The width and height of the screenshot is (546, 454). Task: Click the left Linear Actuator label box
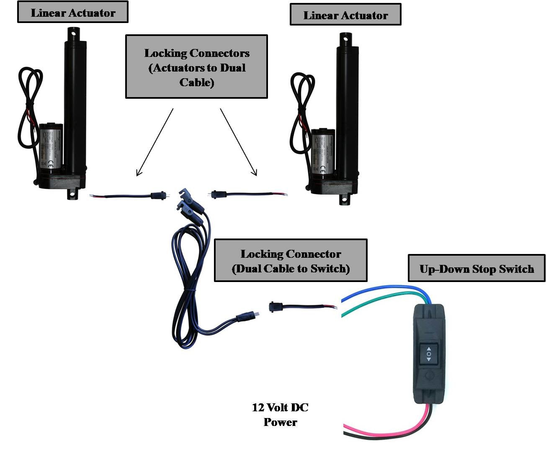pyautogui.click(x=72, y=13)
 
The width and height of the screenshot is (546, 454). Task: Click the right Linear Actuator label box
pyautogui.click(x=345, y=15)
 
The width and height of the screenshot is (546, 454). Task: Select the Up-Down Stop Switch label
pyautogui.click(x=476, y=269)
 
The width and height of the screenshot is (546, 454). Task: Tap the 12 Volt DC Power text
pyautogui.click(x=280, y=414)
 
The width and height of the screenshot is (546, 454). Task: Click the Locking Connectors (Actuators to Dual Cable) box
pyautogui.click(x=196, y=67)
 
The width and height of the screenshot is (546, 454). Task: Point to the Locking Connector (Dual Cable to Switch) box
pyautogui.click(x=291, y=261)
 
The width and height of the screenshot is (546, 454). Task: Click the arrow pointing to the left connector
pyautogui.click(x=155, y=142)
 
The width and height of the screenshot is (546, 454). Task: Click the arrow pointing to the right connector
pyautogui.click(x=239, y=142)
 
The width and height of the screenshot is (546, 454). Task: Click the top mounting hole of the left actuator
pyautogui.click(x=73, y=32)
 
